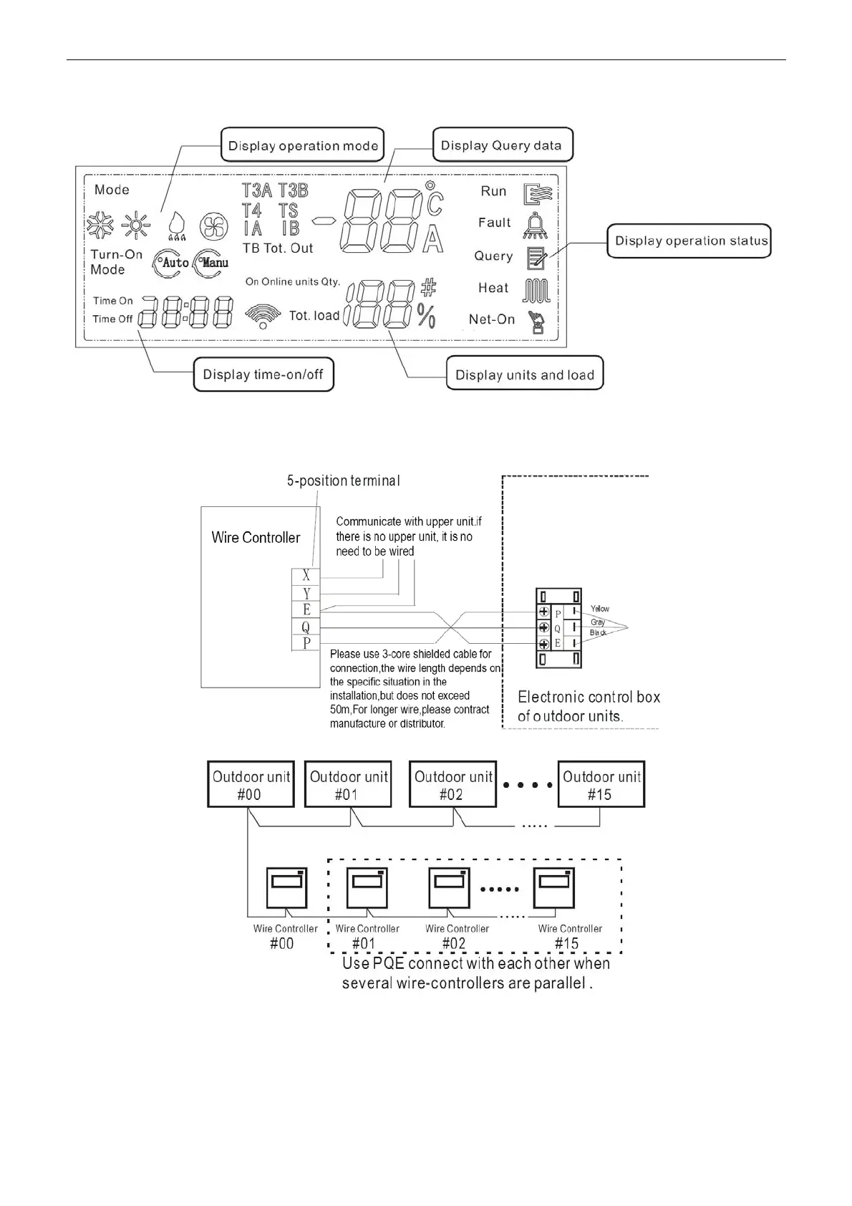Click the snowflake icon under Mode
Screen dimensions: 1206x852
click(x=100, y=226)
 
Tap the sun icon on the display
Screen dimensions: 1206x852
click(x=135, y=226)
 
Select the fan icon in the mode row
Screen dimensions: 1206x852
click(x=213, y=226)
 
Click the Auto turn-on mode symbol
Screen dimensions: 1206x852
click(x=171, y=263)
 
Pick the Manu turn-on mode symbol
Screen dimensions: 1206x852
click(x=212, y=263)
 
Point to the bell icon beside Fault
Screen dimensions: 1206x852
click(x=535, y=225)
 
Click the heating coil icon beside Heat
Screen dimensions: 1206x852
click(x=536, y=290)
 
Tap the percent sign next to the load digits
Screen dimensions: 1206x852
click(x=427, y=316)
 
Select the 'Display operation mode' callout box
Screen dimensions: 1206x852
click(x=302, y=145)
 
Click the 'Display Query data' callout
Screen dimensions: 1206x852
click(x=502, y=145)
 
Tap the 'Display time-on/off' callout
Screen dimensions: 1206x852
click(x=263, y=375)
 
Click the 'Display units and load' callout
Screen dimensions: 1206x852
click(x=525, y=375)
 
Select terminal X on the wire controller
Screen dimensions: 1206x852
click(x=306, y=576)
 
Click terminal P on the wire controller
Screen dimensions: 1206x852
click(x=306, y=643)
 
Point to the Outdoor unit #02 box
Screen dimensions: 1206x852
click(x=454, y=785)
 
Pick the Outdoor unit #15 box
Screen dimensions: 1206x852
click(x=601, y=785)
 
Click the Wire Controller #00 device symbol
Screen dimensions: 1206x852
click(x=286, y=888)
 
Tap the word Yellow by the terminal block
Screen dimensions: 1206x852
click(x=600, y=609)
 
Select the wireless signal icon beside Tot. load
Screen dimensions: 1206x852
click(x=263, y=315)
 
